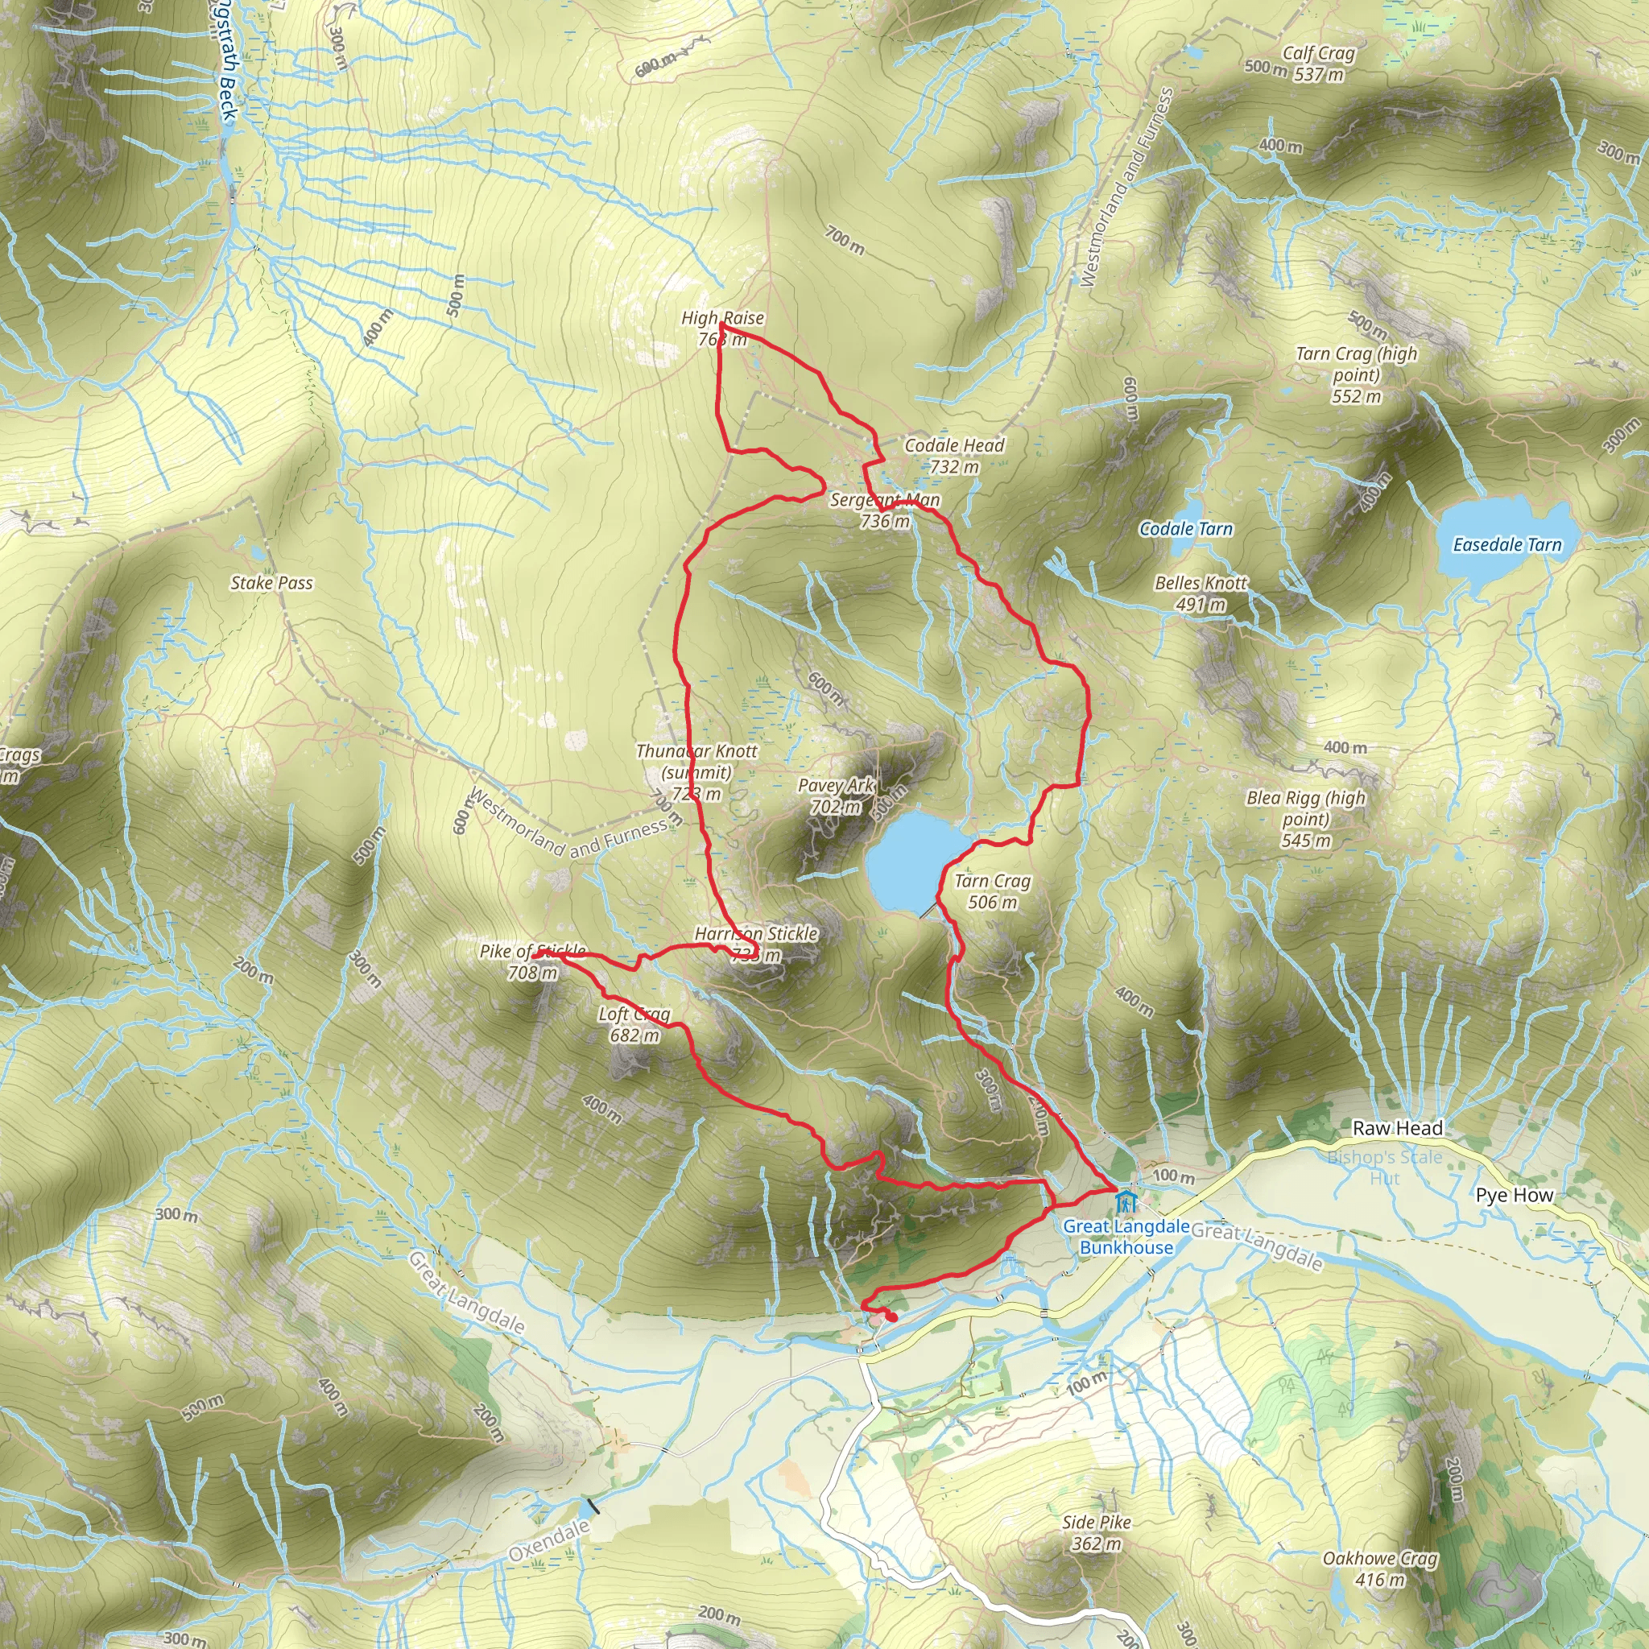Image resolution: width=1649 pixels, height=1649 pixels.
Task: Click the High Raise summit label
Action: pos(722,329)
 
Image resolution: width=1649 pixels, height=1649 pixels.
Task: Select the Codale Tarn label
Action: pos(1185,529)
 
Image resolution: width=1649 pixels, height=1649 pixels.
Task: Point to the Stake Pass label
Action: pos(271,583)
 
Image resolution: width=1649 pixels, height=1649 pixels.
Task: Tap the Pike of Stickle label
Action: pos(532,962)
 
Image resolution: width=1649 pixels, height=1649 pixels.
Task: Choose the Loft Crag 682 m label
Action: pos(634,1024)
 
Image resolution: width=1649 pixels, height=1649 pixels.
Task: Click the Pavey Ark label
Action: pos(836,796)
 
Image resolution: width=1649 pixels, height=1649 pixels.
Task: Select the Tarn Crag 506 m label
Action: pos(993,891)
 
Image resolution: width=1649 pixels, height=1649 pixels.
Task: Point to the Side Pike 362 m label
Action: pos(1097,1532)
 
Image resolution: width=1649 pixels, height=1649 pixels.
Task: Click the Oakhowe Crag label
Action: pos(1380,1568)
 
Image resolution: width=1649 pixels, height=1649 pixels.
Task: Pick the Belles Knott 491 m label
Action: pos(1201,593)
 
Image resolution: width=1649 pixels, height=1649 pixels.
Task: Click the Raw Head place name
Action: pos(1398,1127)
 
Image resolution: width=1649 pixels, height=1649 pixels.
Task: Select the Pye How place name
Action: pos(1515,1195)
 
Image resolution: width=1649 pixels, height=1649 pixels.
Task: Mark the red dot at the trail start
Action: pos(892,1318)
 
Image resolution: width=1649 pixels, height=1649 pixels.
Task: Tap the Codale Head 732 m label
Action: pos(954,456)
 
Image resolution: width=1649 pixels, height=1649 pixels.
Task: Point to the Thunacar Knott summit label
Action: pos(696,772)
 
